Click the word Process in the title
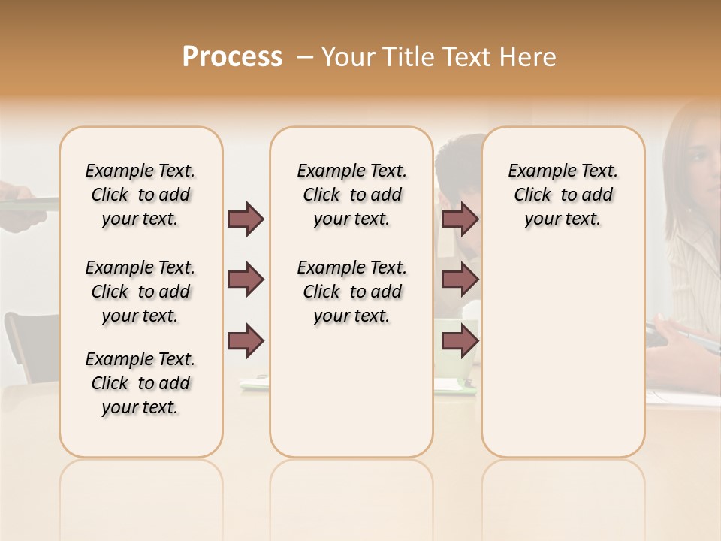(x=232, y=57)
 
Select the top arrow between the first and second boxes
(x=246, y=219)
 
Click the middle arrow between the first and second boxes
(x=246, y=280)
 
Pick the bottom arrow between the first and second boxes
(x=246, y=340)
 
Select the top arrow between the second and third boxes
(x=460, y=219)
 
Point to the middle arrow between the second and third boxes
(x=460, y=280)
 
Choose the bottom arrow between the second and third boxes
(x=460, y=340)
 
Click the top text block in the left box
(x=140, y=195)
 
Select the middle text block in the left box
(x=140, y=292)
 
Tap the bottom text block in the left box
(x=140, y=383)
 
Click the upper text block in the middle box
(x=351, y=195)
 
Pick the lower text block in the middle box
(x=351, y=292)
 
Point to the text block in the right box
(x=563, y=195)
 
